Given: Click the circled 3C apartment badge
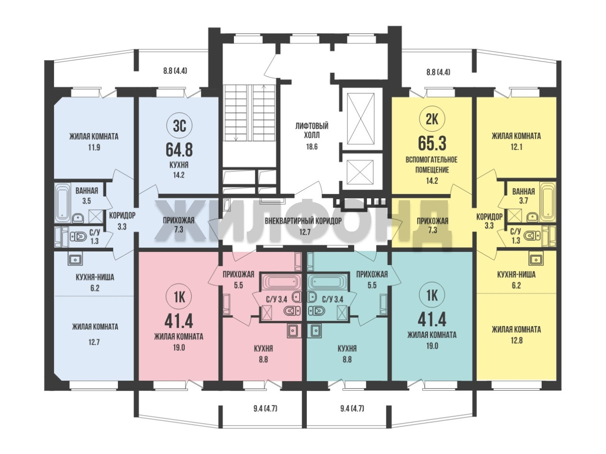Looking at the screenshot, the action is [179, 126].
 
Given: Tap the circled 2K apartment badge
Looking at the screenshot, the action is [432, 119].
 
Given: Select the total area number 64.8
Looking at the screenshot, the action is [179, 150].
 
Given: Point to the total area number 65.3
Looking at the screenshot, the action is [432, 143].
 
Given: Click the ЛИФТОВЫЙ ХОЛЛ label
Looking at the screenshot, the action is [312, 131].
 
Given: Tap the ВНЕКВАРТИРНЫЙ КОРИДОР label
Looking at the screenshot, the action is [303, 221].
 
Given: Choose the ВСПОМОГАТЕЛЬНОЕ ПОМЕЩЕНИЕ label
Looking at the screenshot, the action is [432, 165].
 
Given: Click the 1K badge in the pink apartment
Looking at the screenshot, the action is [179, 297].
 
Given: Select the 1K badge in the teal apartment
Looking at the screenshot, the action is [432, 295].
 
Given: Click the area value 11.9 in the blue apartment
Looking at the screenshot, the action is [94, 147].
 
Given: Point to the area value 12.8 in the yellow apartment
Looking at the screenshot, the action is [516, 340].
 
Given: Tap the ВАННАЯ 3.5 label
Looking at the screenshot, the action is [87, 196].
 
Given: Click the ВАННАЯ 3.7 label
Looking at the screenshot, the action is [523, 196].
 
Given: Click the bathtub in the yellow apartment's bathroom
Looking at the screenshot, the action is [547, 202].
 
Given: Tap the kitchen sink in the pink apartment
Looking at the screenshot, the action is [293, 330].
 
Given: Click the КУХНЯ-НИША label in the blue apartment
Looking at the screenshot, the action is [95, 277].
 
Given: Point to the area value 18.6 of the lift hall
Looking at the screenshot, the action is [312, 147].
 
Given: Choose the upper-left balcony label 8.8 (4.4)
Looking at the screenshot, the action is [175, 71].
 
